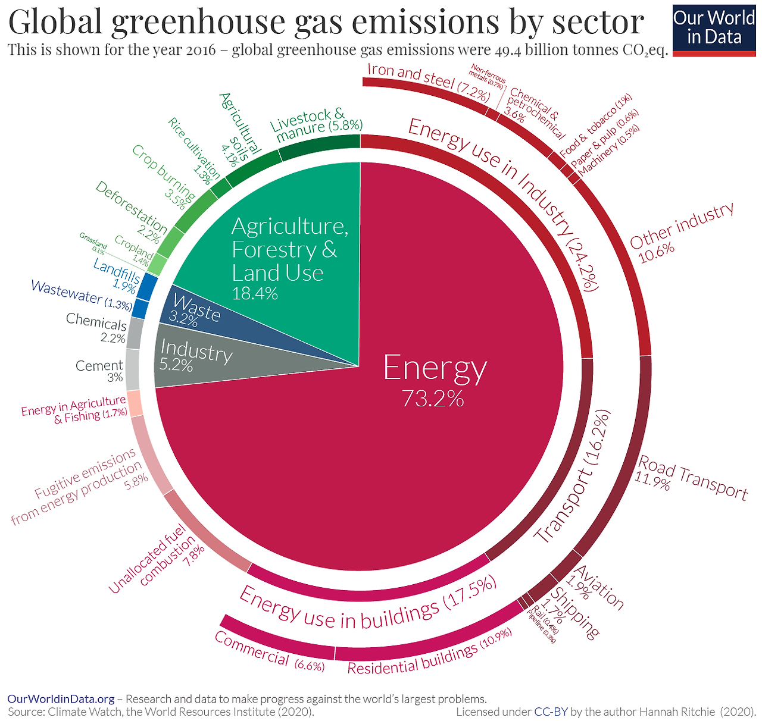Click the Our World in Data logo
[713, 28]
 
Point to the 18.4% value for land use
[255, 293]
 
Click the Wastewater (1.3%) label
[81, 294]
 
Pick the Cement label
[99, 365]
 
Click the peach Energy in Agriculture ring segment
[134, 403]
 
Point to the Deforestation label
[131, 208]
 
